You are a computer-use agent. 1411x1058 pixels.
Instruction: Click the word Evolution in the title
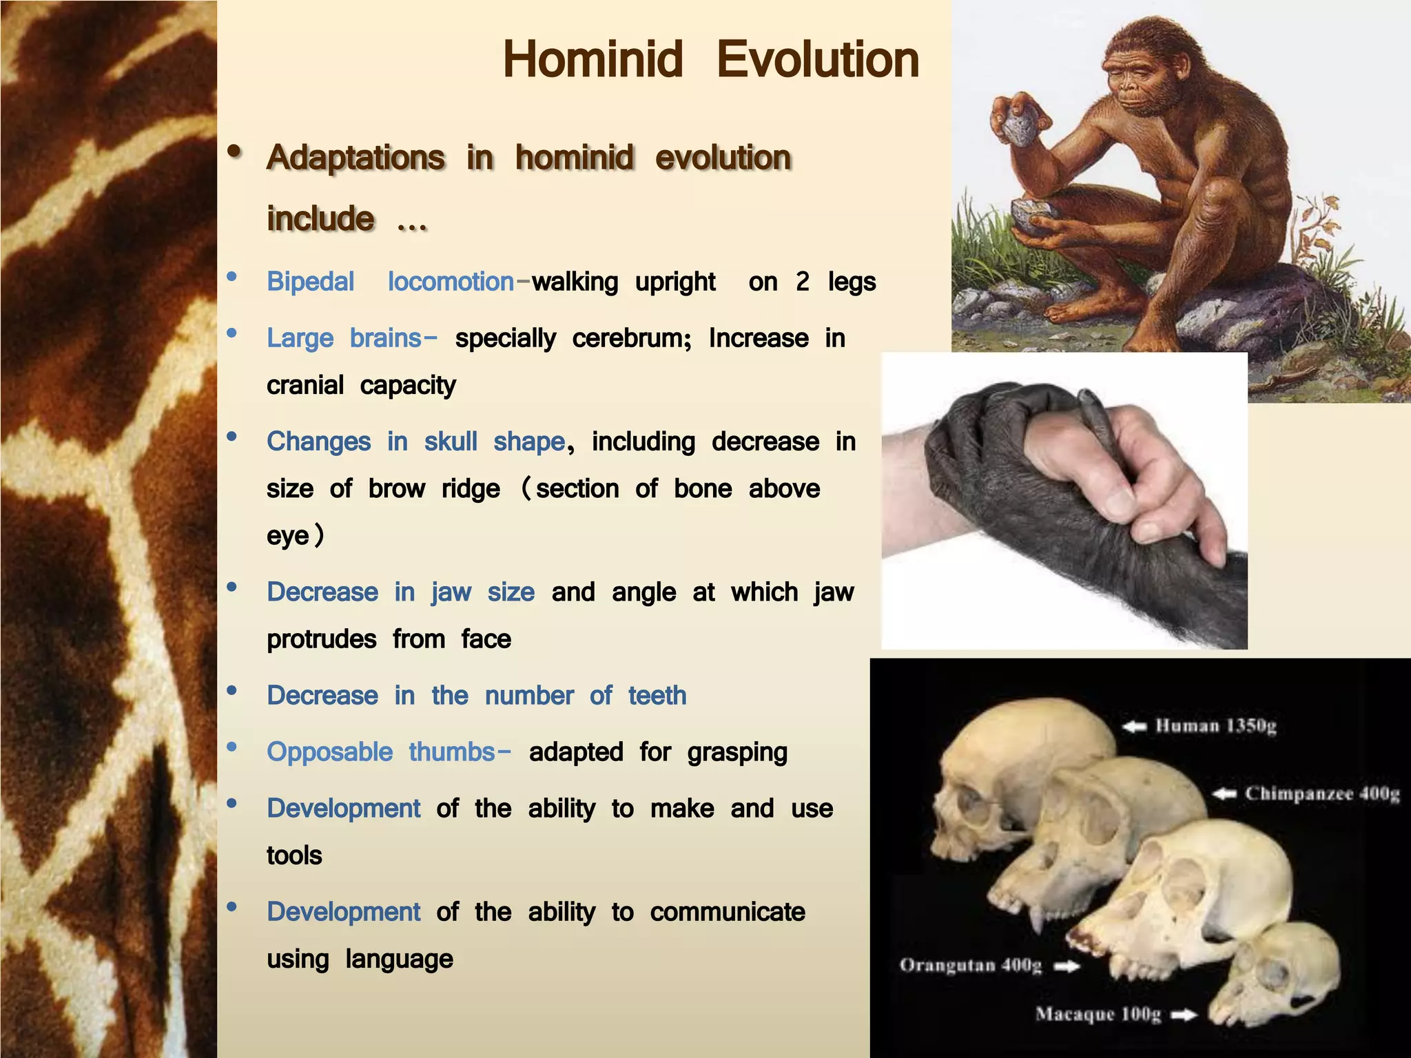tap(818, 60)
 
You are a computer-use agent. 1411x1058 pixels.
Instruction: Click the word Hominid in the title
tap(593, 60)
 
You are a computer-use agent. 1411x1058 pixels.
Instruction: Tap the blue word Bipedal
tap(310, 282)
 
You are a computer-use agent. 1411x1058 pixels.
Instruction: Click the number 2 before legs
tap(802, 282)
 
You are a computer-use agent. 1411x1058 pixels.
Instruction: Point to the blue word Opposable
tap(329, 751)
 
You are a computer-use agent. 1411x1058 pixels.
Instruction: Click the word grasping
tap(737, 752)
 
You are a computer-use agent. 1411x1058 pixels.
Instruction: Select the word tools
tap(294, 855)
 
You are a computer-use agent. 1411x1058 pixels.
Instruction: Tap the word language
tap(399, 959)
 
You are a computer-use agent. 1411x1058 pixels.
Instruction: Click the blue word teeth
tap(657, 696)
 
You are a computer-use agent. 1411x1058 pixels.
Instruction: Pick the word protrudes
tap(321, 639)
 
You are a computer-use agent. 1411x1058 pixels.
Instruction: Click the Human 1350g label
tap(1216, 726)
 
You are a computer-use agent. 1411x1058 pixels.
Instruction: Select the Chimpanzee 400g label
tap(1321, 794)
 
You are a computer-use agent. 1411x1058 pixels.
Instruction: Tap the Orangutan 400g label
tap(970, 965)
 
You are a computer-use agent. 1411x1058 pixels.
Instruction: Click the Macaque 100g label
tap(1098, 1014)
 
